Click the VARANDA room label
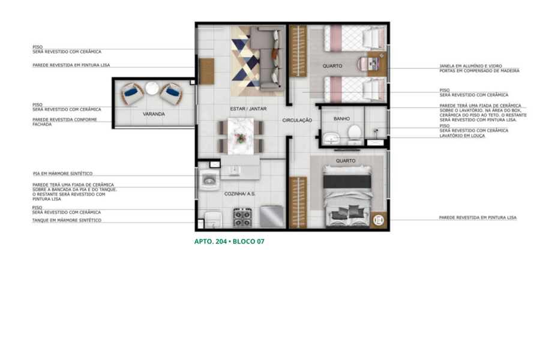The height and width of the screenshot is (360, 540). click(x=154, y=114)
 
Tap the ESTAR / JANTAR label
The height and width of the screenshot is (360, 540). click(x=248, y=109)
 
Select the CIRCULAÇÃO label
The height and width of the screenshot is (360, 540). click(x=297, y=120)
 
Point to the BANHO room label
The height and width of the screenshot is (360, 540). click(x=341, y=119)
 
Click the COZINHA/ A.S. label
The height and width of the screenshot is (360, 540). click(x=240, y=194)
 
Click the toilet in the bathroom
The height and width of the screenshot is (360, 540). click(x=355, y=135)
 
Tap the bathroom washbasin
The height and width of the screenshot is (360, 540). click(x=331, y=140)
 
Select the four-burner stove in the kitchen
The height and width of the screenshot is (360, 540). click(x=242, y=217)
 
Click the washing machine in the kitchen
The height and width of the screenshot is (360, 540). click(x=209, y=180)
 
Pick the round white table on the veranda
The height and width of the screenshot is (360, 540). click(x=152, y=88)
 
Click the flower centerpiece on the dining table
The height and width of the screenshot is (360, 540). click(x=241, y=138)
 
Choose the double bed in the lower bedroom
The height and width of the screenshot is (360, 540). click(x=347, y=196)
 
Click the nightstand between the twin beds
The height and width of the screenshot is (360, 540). click(x=377, y=64)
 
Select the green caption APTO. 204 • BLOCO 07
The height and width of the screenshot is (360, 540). click(x=229, y=241)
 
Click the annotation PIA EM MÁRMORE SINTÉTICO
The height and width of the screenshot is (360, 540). click(x=62, y=173)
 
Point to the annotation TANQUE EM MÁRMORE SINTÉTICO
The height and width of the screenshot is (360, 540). click(x=67, y=220)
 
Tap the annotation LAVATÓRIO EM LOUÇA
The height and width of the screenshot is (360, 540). click(x=462, y=136)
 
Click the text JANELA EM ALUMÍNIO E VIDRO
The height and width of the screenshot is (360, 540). click(x=471, y=66)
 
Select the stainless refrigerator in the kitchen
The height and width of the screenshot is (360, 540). click(x=272, y=217)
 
